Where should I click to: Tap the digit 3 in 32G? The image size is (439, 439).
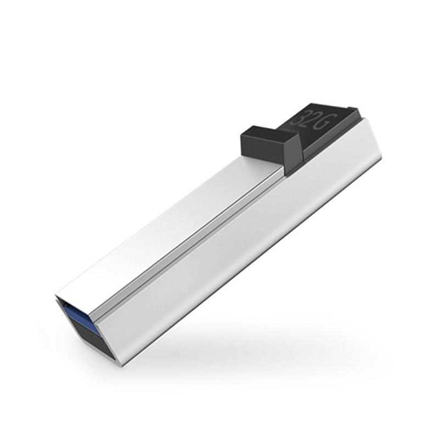(299, 121)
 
